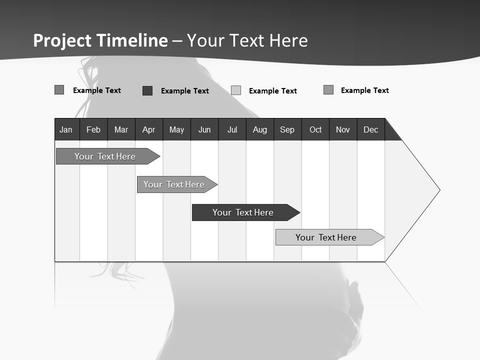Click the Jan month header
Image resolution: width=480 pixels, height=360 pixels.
click(x=66, y=129)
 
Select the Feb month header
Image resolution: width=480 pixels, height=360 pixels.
click(x=93, y=129)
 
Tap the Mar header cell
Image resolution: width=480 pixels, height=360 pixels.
click(x=121, y=129)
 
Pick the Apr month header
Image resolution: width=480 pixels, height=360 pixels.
click(x=148, y=129)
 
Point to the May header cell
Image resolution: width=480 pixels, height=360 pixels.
click(x=176, y=129)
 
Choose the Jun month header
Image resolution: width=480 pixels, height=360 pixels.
click(x=204, y=129)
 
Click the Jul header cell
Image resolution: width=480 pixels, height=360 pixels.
click(x=232, y=129)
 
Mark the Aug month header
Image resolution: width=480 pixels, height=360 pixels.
click(x=260, y=129)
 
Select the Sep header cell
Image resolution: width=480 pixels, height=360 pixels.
click(x=287, y=129)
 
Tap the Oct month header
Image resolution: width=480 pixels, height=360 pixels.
click(x=315, y=129)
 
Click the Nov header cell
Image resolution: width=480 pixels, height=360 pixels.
click(x=343, y=129)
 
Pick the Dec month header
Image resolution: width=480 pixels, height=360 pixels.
click(x=371, y=129)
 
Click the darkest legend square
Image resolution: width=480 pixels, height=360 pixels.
click(x=147, y=90)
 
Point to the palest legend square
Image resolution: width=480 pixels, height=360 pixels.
click(x=236, y=90)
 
